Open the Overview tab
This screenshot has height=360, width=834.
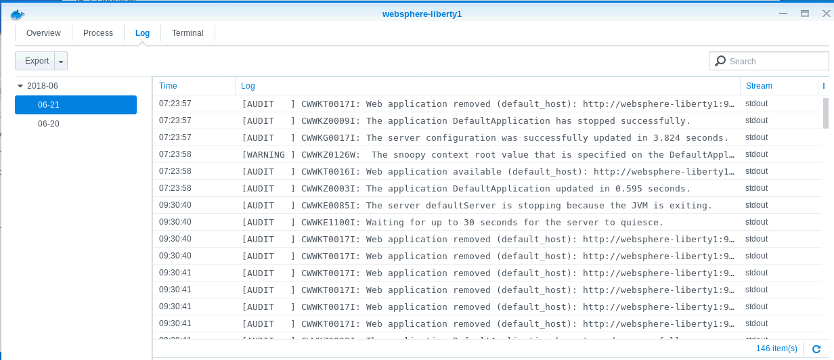(43, 33)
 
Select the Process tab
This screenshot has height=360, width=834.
(98, 33)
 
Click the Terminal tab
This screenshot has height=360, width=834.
(188, 33)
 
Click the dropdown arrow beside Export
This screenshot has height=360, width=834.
(62, 62)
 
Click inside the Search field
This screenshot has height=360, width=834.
(776, 62)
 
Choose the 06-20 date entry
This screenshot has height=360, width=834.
(48, 124)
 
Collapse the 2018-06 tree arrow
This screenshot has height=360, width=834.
(20, 86)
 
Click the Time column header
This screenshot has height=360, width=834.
(169, 86)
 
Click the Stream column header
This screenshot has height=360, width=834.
(759, 86)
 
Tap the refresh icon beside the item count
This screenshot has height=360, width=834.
(816, 348)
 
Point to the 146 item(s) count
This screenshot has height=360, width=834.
(776, 348)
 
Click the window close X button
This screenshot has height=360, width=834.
(826, 14)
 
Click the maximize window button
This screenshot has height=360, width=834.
(805, 14)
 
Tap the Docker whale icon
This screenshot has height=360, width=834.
(16, 14)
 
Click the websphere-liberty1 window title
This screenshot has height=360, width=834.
(422, 14)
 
